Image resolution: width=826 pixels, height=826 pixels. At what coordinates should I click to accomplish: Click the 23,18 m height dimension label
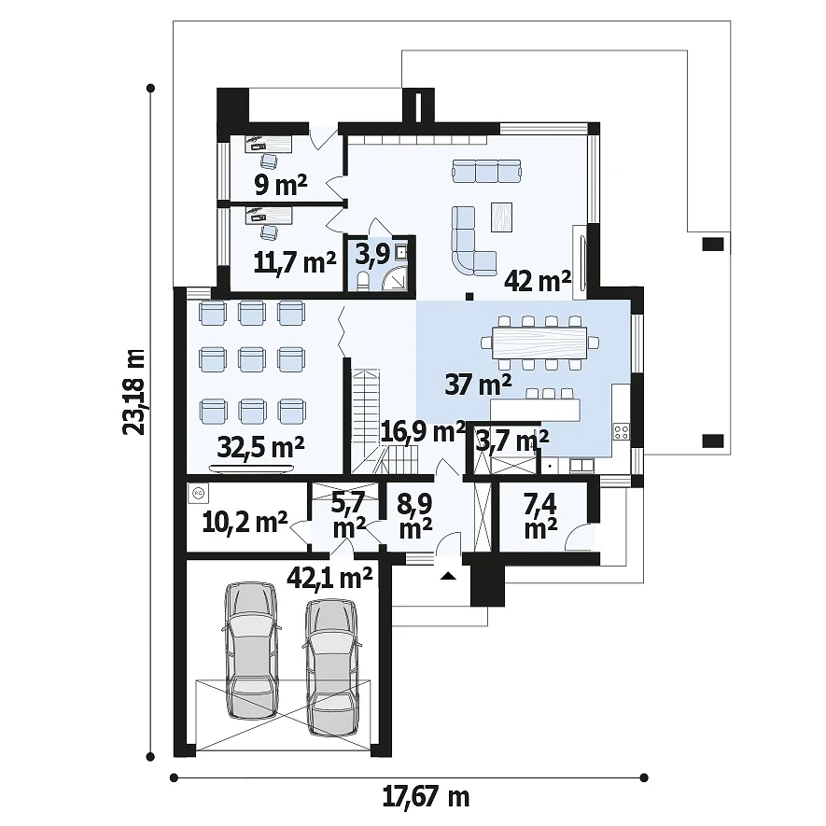(x=133, y=392)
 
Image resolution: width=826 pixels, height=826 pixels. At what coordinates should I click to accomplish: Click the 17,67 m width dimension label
(x=426, y=797)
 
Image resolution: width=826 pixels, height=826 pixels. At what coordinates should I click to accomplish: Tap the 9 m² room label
(x=280, y=185)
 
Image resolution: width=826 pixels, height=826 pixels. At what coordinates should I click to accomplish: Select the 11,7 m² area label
(x=295, y=262)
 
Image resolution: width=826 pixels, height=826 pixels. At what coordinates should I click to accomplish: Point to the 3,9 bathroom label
(x=371, y=255)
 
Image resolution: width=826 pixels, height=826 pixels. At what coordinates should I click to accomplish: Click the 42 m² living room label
(x=538, y=281)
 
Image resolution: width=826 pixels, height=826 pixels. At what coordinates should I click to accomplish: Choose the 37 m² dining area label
(x=478, y=384)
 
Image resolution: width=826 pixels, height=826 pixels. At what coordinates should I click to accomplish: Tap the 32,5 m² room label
(x=260, y=448)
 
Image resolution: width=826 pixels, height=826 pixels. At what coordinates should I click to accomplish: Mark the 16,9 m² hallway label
(x=423, y=432)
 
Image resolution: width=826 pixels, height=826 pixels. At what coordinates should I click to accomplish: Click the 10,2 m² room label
(x=245, y=523)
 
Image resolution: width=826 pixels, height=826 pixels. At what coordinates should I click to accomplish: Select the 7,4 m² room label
(x=540, y=516)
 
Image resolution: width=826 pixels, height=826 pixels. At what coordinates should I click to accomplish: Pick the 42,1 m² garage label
(x=329, y=578)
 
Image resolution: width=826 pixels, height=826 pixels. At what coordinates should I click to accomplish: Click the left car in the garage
(x=251, y=651)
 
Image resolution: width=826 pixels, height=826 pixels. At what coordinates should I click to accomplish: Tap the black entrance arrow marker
(x=448, y=576)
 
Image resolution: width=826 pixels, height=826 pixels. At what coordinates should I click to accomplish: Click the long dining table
(x=539, y=343)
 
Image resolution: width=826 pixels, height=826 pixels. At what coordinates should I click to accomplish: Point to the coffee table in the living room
(x=501, y=217)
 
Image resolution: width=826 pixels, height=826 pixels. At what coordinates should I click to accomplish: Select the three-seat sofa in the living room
(x=486, y=171)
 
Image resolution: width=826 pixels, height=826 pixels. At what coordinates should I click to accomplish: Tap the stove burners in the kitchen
(x=622, y=432)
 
